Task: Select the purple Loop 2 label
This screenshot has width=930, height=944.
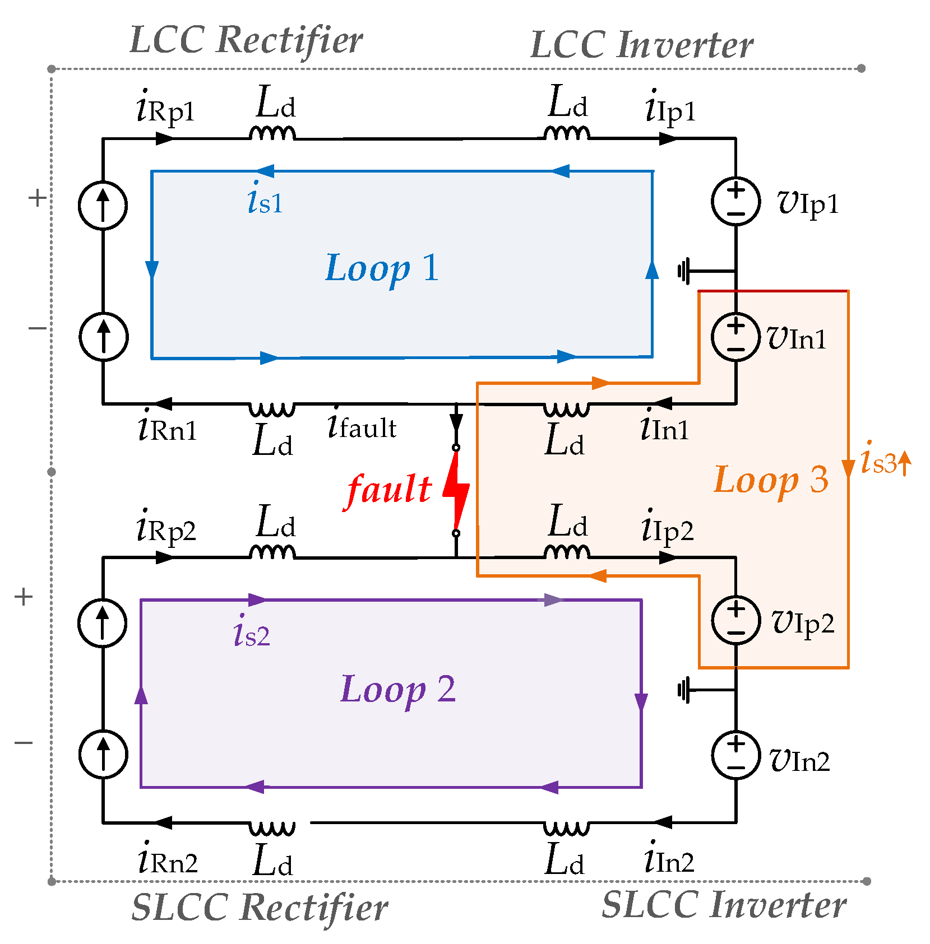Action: [397, 689]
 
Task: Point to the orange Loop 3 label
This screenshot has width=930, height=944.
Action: [771, 480]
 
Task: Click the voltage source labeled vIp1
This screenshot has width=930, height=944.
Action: [735, 202]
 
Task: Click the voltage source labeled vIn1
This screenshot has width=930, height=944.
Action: [735, 337]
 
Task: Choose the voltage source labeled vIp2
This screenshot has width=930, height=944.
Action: [735, 621]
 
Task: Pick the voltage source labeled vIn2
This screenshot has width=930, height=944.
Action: [735, 755]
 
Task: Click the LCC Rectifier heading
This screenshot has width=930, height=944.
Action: [246, 41]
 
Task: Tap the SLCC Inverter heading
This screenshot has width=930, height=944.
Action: [724, 905]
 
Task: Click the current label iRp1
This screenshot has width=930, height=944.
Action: [165, 108]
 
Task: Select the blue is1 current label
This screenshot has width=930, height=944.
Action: [265, 200]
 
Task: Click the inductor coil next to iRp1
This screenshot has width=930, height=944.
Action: [272, 133]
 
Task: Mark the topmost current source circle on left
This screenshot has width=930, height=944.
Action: [103, 205]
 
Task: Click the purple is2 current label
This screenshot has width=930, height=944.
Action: [252, 633]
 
